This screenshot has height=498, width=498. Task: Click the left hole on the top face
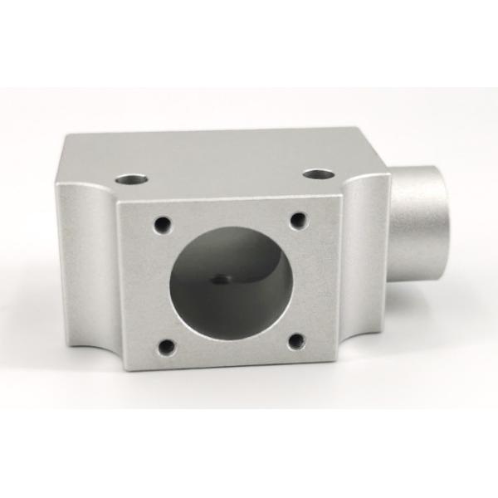tap(131, 178)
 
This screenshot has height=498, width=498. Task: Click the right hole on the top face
tap(318, 174)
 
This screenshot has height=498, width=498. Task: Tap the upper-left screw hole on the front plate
tap(163, 224)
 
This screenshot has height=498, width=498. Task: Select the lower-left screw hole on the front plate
tap(167, 347)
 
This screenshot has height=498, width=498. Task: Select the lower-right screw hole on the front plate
tap(296, 341)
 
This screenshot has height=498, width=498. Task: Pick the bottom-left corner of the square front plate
tap(124, 369)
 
